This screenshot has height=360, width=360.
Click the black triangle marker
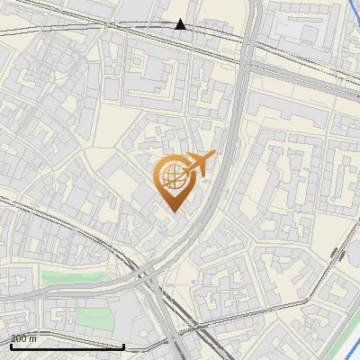181,24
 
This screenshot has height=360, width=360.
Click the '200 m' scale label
23,338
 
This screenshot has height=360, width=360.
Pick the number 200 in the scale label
18,338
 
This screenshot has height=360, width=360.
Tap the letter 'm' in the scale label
33,338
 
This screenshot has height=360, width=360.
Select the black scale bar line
67,346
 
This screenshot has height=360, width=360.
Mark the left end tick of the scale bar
10,344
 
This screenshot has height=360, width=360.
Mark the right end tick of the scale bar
123,344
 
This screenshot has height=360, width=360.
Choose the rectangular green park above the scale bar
91,318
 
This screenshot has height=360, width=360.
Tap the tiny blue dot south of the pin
193,283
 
